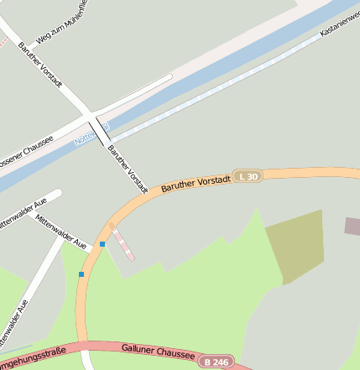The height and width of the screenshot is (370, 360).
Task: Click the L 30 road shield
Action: coord(248,176)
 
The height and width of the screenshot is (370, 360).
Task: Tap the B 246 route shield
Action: coord(217,362)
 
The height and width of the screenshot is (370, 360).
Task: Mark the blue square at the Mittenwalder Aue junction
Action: coord(102,244)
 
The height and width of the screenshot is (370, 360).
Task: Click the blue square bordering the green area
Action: coord(81,274)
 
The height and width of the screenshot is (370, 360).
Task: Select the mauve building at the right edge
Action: coord(352,225)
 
